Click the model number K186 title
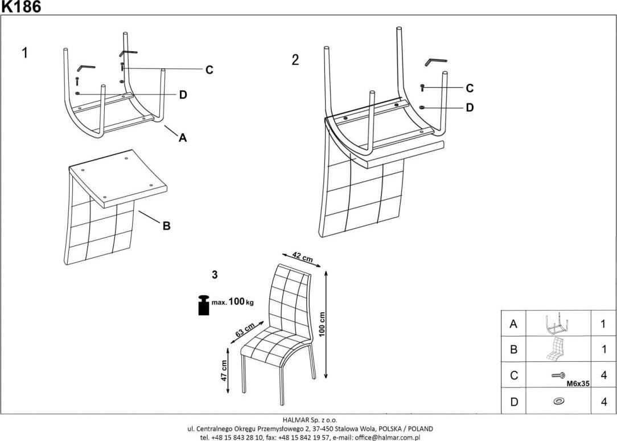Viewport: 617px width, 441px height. tap(20, 7)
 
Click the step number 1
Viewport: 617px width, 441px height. tap(24, 53)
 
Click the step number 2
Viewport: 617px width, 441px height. tap(295, 60)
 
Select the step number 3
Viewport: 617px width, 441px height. tap(215, 275)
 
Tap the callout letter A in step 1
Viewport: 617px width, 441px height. tap(183, 137)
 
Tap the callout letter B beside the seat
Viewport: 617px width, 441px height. tap(166, 226)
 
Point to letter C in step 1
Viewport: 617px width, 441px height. tap(209, 70)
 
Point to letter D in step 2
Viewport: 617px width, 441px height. tap(470, 107)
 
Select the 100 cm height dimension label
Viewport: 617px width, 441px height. tap(322, 325)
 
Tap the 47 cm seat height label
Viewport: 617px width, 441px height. tap(224, 370)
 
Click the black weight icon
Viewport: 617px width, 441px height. tap(203, 305)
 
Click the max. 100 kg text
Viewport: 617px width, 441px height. tap(233, 302)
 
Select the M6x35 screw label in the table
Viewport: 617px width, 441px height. tap(578, 384)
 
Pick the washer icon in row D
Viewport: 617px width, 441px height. tap(559, 402)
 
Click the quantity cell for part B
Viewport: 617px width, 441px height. tap(603, 349)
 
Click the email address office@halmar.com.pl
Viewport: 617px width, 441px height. tap(387, 437)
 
